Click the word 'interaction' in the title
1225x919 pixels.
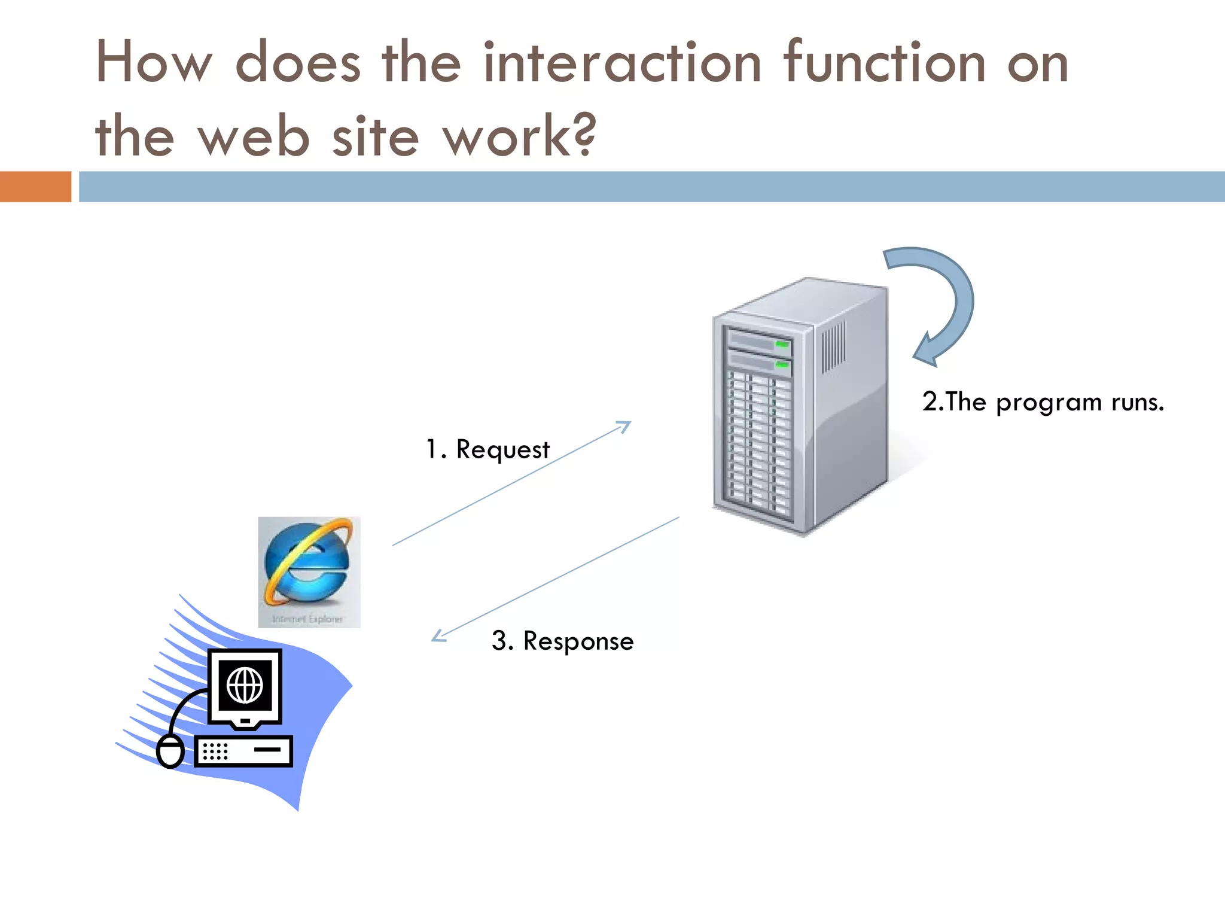[622, 63]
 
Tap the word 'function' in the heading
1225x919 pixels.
[884, 63]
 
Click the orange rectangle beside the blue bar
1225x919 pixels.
[35, 187]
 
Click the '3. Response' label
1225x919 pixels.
[562, 641]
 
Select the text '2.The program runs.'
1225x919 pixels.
[1043, 402]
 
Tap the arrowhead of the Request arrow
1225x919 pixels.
[626, 425]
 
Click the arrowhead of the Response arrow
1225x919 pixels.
[438, 637]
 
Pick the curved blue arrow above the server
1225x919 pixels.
[945, 299]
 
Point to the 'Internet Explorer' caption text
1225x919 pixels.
[307, 619]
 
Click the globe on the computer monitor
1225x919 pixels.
[245, 685]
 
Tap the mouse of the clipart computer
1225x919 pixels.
[170, 752]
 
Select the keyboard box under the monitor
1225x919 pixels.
[243, 751]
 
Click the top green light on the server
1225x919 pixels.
[782, 345]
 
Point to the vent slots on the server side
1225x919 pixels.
[833, 347]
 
